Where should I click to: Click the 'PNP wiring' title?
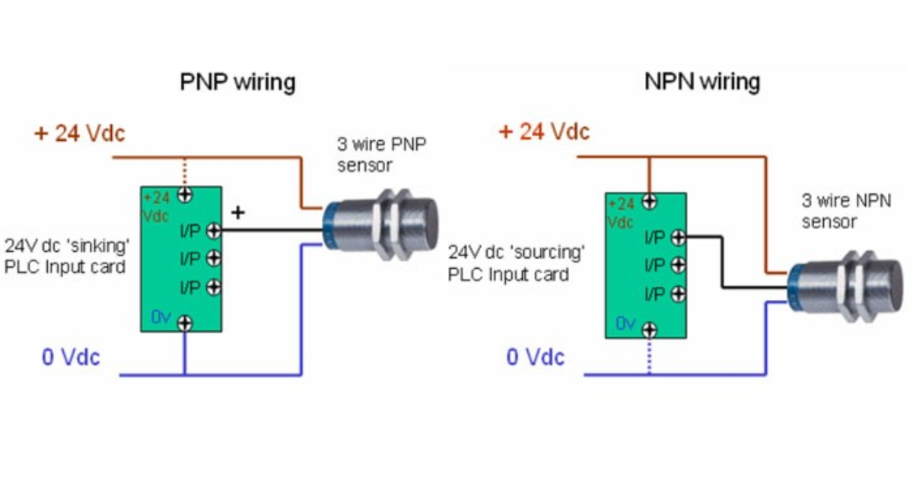point(237,81)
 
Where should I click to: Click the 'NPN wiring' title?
point(701,81)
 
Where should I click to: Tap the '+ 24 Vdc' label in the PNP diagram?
point(79,133)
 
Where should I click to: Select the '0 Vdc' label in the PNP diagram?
point(71,356)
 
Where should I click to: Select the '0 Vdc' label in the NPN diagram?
point(536,355)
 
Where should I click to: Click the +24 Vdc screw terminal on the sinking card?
point(184,195)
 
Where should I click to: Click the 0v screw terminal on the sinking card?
point(184,323)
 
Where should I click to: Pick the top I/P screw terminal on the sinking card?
point(213,230)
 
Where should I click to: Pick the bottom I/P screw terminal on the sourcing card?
point(677,295)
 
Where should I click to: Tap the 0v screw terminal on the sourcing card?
point(648,330)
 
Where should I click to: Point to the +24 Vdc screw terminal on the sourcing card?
point(648,202)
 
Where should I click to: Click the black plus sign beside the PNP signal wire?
point(238,213)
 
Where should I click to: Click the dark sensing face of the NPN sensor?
point(896,285)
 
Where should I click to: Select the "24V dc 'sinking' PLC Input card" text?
point(65,257)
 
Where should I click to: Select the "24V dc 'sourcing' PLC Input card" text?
point(516,263)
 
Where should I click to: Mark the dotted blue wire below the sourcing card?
point(648,356)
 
